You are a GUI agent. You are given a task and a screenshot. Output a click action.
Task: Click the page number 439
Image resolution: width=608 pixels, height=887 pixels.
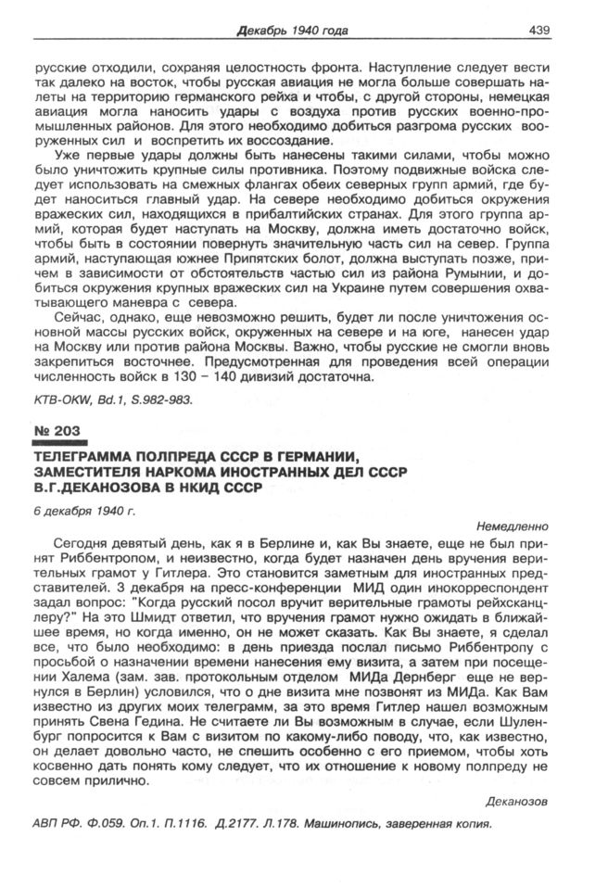click(x=539, y=31)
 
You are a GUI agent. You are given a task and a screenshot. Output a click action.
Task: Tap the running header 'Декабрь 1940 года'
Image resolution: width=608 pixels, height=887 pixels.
click(x=292, y=31)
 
